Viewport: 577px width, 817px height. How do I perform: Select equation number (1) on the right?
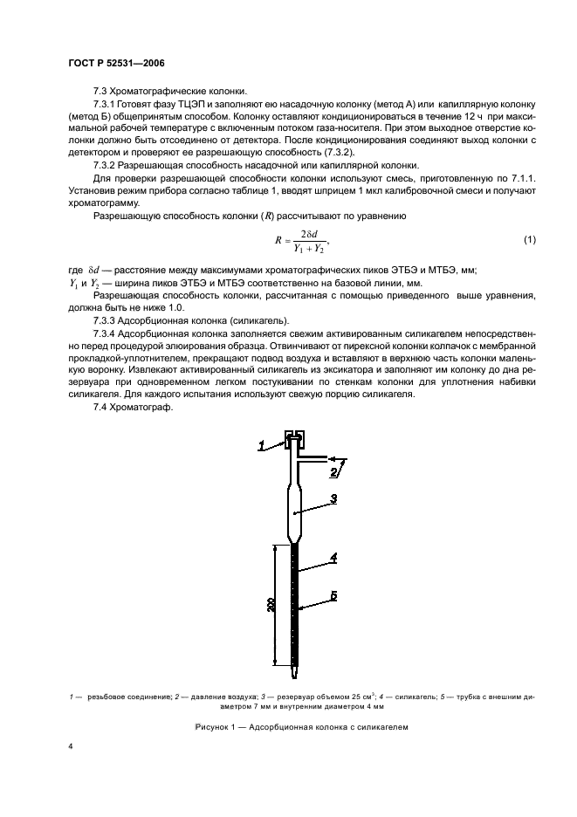(529, 239)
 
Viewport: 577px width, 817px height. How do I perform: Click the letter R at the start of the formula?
(276, 239)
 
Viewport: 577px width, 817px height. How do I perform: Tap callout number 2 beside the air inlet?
(333, 472)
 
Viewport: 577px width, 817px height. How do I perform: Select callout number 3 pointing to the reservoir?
(333, 498)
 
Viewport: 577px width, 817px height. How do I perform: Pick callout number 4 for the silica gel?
(335, 556)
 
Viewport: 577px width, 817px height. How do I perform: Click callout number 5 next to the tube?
(335, 597)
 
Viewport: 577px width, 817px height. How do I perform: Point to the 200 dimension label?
(272, 605)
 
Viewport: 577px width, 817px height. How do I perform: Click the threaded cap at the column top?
(294, 439)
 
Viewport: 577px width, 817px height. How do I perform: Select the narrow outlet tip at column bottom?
(296, 673)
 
